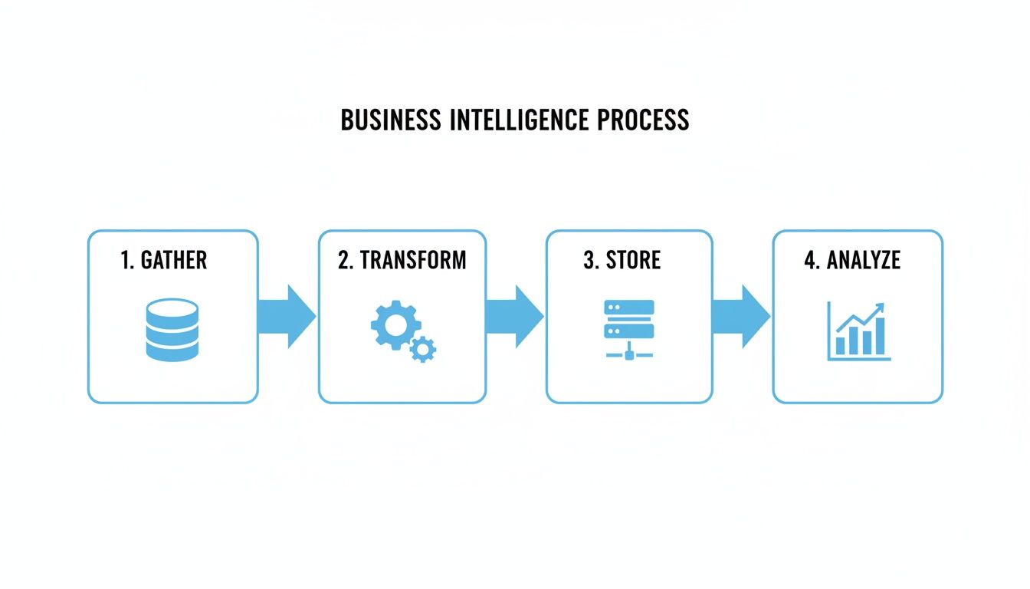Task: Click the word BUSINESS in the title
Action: tap(391, 120)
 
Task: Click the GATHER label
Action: tap(174, 260)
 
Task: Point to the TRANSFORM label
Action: tap(413, 260)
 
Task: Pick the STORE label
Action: tap(633, 260)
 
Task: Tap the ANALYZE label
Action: tap(863, 260)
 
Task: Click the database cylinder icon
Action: tap(172, 330)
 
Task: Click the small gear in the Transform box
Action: tap(422, 350)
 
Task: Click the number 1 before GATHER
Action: tap(126, 260)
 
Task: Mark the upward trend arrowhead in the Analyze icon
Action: tap(879, 308)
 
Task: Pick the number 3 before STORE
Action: tap(589, 260)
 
